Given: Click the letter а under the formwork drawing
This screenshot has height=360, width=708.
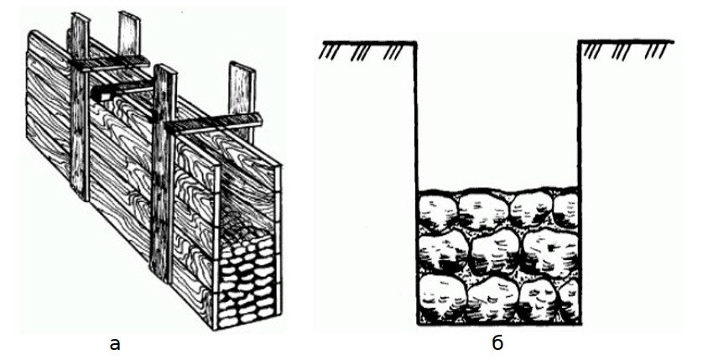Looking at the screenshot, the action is pos(115,345).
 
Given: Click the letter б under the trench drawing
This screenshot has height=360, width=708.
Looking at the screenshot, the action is pos(497,343).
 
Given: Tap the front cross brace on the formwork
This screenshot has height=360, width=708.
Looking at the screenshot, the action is pos(213,123).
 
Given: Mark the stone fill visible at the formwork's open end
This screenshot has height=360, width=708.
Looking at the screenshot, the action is pos(247,281).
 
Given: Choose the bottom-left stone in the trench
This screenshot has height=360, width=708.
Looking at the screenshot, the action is pos(440,297).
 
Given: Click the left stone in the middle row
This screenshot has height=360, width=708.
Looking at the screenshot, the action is pos(443,251).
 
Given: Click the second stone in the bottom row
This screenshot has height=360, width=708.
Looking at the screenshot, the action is pos(492,298).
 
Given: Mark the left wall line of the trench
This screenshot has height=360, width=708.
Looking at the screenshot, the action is pos(416,183).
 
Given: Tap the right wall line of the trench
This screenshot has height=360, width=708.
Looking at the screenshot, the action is pos(580,183).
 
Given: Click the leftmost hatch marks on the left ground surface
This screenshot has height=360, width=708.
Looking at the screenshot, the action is pos(326,51).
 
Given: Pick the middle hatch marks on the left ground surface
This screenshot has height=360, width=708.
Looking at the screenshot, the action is pos(360,52).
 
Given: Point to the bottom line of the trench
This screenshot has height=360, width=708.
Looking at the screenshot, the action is pos(498,323).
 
